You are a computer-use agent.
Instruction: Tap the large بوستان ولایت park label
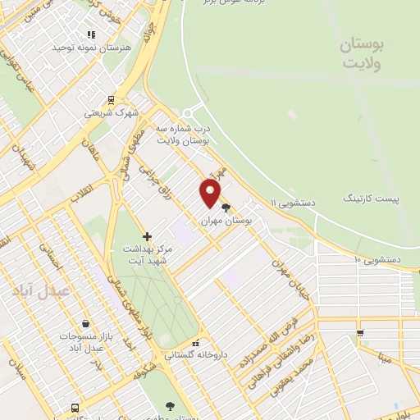[363, 52]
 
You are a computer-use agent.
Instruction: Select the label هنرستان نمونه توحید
[91, 48]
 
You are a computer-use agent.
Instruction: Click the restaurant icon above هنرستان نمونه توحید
[91, 34]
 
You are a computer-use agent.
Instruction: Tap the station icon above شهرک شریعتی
[111, 100]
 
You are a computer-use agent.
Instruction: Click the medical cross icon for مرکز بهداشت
[147, 237]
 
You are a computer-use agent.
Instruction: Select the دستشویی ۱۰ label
[377, 259]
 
